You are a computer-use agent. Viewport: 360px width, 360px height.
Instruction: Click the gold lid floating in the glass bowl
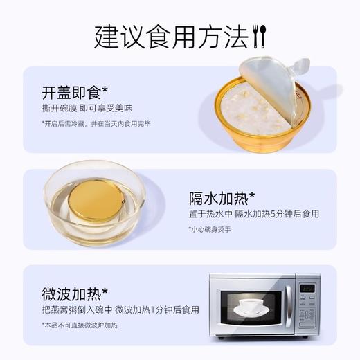click(96, 200)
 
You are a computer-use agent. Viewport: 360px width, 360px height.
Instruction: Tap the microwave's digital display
click(307, 288)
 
